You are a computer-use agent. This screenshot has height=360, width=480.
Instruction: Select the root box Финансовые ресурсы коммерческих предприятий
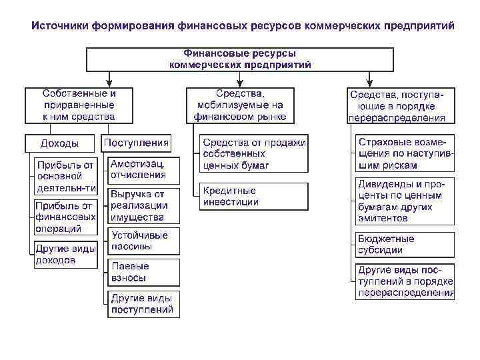[x=240, y=59]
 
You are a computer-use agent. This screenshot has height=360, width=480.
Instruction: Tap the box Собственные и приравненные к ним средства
[x=79, y=105]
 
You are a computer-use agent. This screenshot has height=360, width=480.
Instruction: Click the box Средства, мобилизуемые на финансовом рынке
[x=240, y=105]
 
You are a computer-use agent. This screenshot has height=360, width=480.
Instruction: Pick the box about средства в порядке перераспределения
[x=400, y=105]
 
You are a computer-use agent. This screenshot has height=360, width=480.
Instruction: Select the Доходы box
[x=60, y=143]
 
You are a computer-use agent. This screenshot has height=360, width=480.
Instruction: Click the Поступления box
[x=137, y=143]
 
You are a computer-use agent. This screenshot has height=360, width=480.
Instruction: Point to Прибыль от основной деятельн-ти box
[x=65, y=175]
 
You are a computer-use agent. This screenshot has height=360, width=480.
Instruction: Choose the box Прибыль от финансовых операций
[x=65, y=217]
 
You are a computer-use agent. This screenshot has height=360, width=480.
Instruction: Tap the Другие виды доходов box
[x=65, y=254]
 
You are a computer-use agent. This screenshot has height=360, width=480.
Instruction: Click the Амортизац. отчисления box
[x=143, y=169]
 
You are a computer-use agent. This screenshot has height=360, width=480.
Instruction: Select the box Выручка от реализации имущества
[x=143, y=206]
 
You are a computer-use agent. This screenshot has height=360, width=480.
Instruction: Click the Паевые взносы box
[x=143, y=272]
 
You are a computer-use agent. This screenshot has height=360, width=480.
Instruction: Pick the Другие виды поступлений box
[x=143, y=303]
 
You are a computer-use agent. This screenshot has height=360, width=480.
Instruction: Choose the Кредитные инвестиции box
[x=255, y=196]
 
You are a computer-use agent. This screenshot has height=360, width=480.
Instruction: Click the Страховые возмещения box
[x=405, y=153]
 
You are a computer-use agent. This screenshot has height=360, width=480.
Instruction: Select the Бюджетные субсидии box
[x=405, y=245]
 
